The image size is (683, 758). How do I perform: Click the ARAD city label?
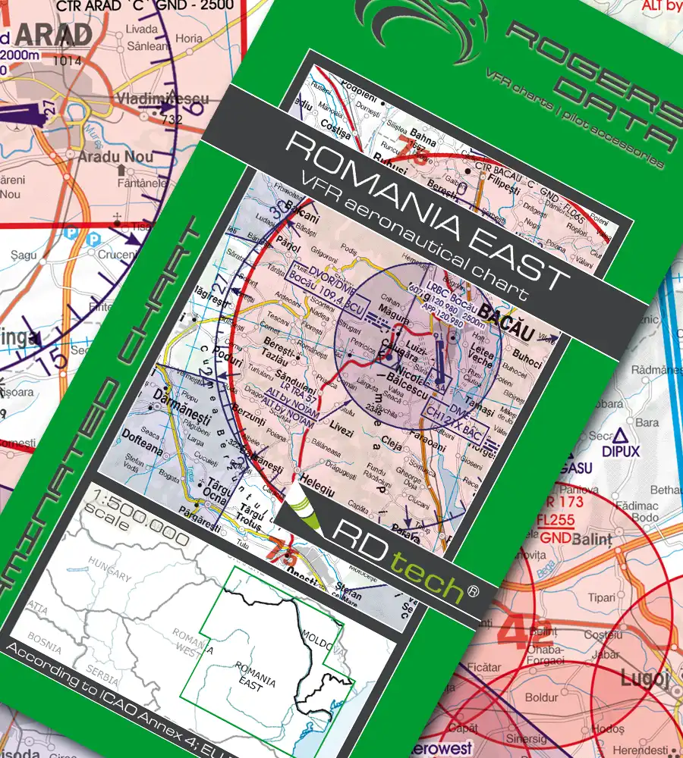pos(54,34)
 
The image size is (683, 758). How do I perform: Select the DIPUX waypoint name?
pos(623,452)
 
